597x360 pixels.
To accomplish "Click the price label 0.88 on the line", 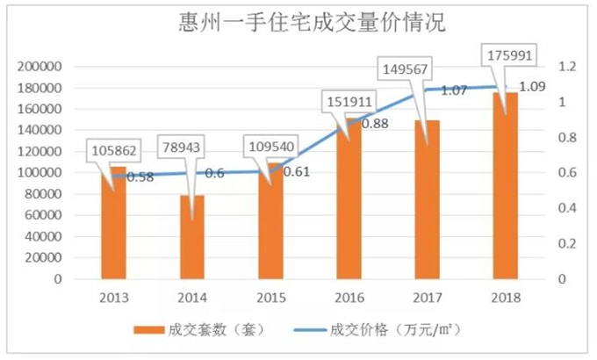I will pyautogui.click(x=375, y=124).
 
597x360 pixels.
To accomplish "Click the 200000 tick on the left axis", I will pyautogui.click(x=40, y=67).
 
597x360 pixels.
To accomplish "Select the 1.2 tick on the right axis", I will pyautogui.click(x=567, y=67).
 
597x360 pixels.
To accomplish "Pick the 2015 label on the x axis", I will pyautogui.click(x=270, y=298).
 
